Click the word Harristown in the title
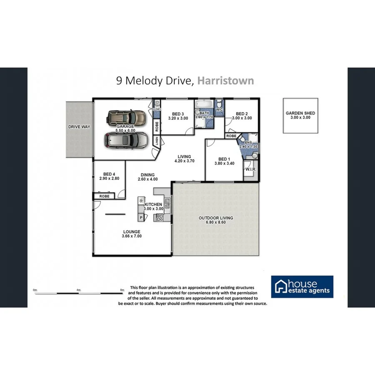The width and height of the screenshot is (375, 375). point(225,80)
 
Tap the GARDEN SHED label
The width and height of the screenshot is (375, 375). point(300,113)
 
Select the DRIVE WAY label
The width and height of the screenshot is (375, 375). point(80,126)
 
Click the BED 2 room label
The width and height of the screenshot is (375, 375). point(242,113)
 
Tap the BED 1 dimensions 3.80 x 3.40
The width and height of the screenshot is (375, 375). point(224,164)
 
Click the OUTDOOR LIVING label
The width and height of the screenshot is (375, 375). point(215,218)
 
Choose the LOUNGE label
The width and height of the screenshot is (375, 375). point(131,232)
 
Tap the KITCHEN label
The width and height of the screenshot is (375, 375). point(153,204)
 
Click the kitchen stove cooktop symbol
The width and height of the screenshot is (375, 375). point(159,217)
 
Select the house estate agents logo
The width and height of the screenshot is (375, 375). point(302,287)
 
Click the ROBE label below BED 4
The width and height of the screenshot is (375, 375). point(104,195)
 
